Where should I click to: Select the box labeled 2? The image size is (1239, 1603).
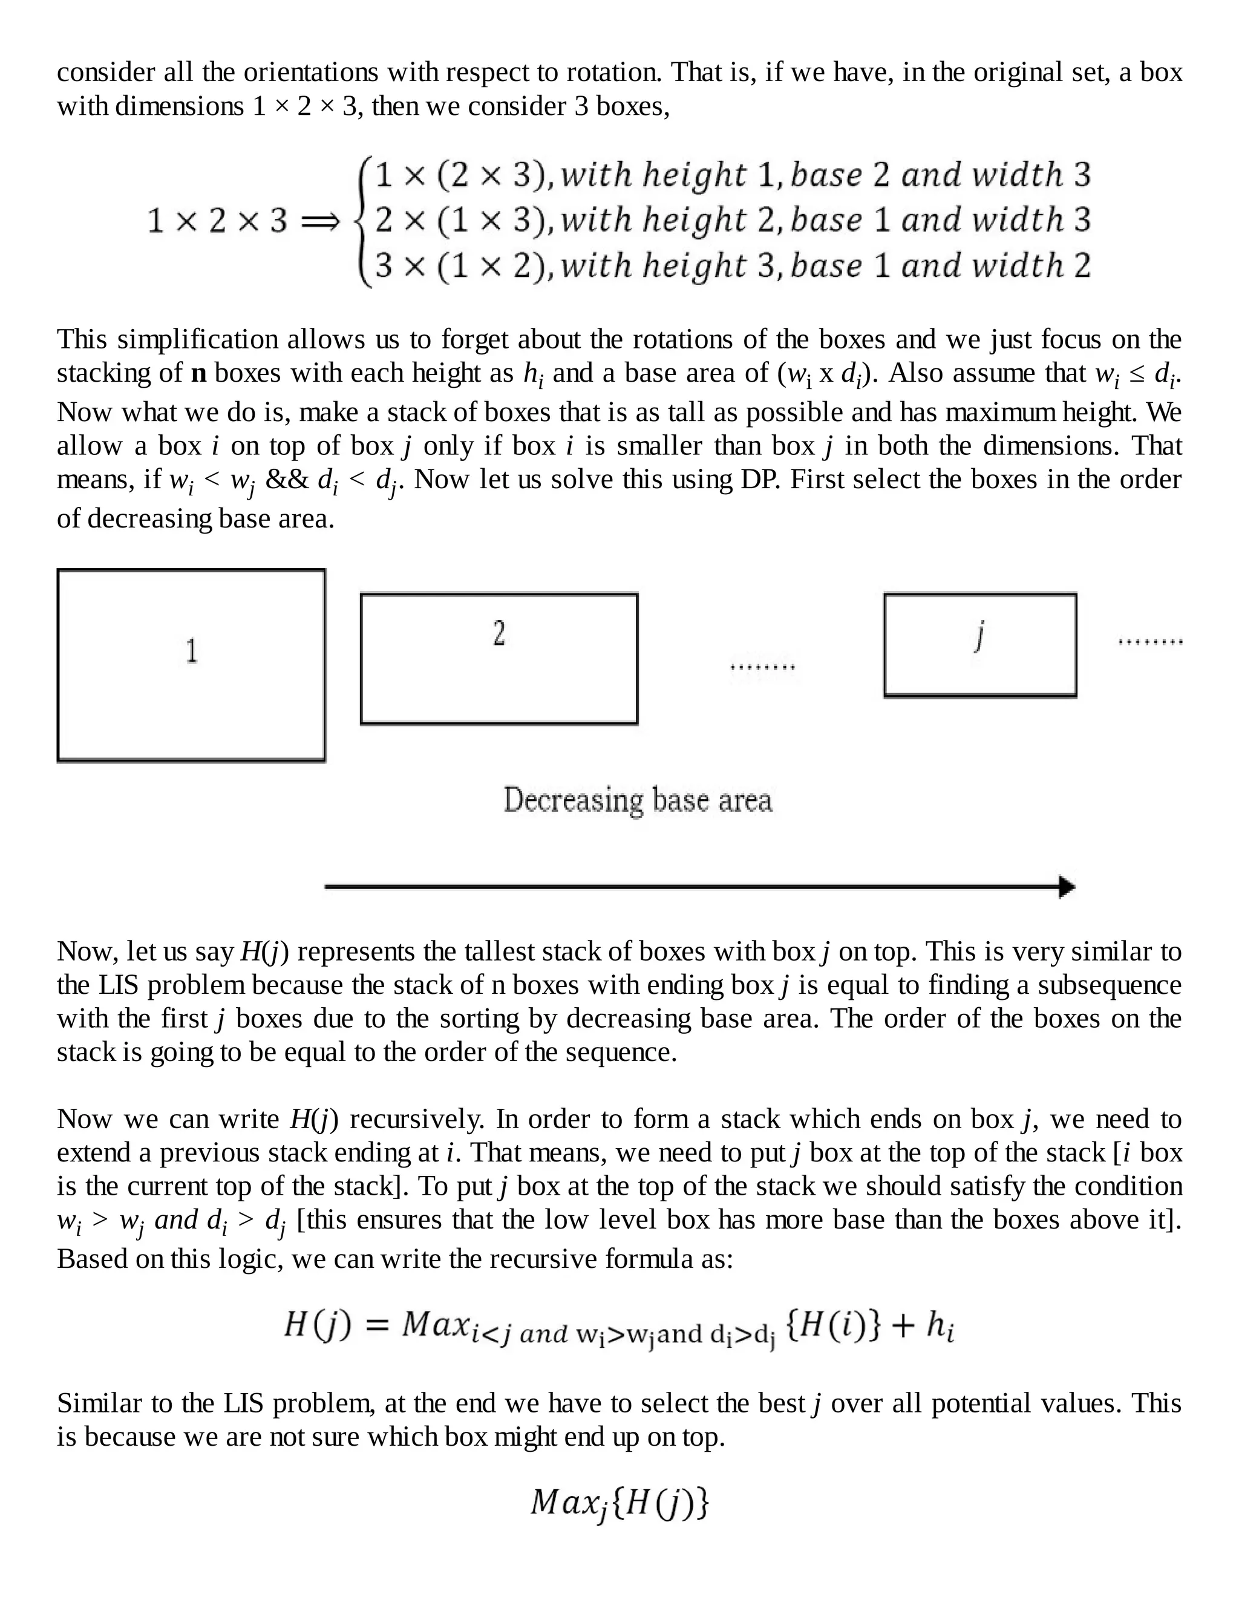tap(499, 658)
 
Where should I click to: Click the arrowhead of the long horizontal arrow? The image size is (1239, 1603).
tap(1067, 887)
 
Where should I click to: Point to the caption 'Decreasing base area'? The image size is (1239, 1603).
tap(637, 800)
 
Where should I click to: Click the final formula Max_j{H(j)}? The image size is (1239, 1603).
tap(619, 1503)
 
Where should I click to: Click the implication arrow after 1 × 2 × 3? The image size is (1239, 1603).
tap(321, 220)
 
